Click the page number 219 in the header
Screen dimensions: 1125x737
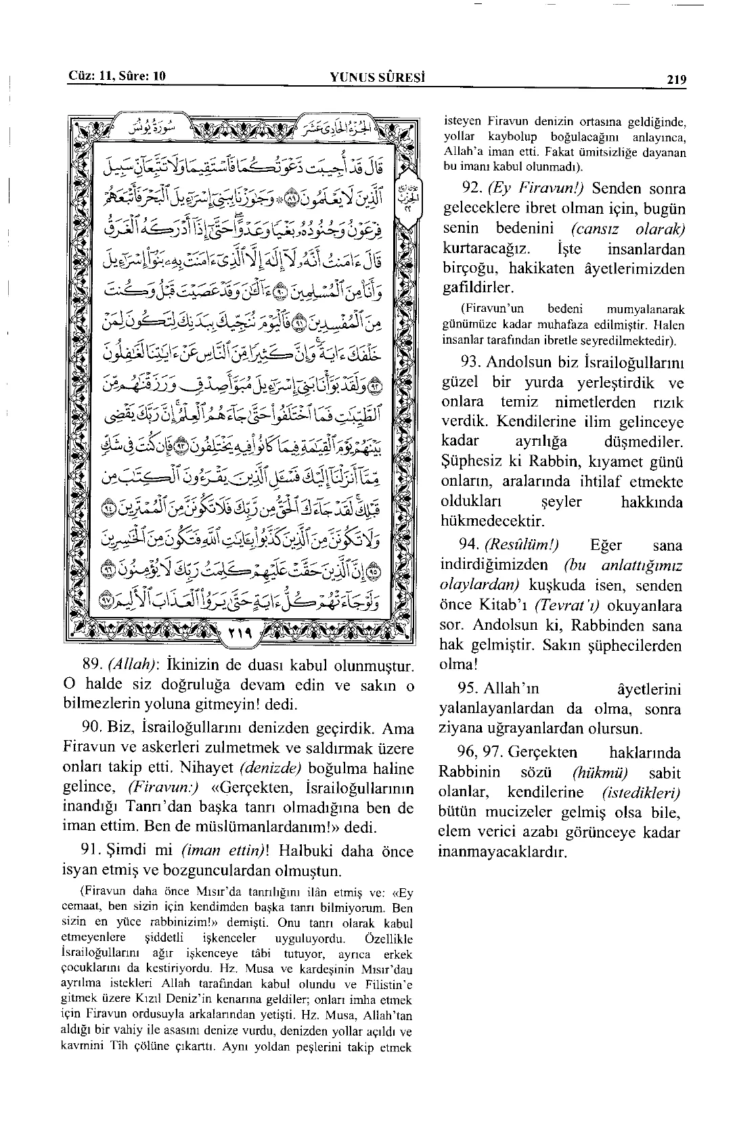[676, 80]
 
